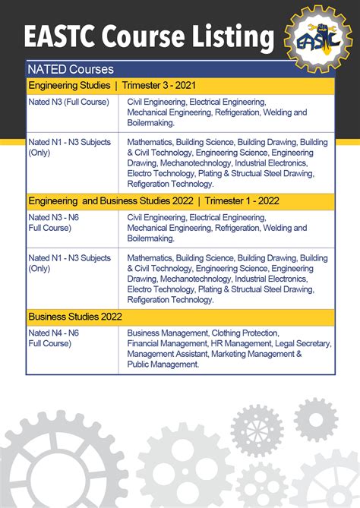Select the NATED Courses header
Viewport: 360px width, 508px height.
70,69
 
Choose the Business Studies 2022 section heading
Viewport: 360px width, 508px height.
75,316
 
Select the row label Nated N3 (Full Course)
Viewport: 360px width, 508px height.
68,102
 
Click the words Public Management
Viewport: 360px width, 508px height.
163,364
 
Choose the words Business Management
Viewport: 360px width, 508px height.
167,333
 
